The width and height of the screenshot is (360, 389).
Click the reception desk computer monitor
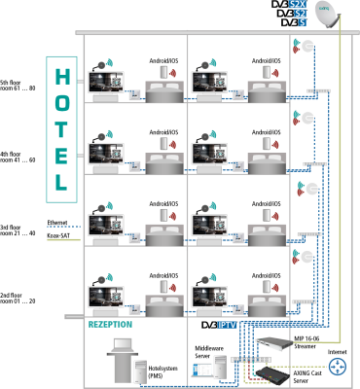coord(123,345)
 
